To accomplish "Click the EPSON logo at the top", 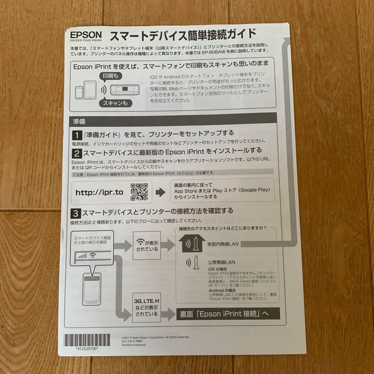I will pos(86,35).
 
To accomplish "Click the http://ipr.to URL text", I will pos(99,192).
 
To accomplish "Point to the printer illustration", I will pos(124,90).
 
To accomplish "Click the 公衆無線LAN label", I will pos(221,262).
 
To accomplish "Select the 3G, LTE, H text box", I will pos(146,307).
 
